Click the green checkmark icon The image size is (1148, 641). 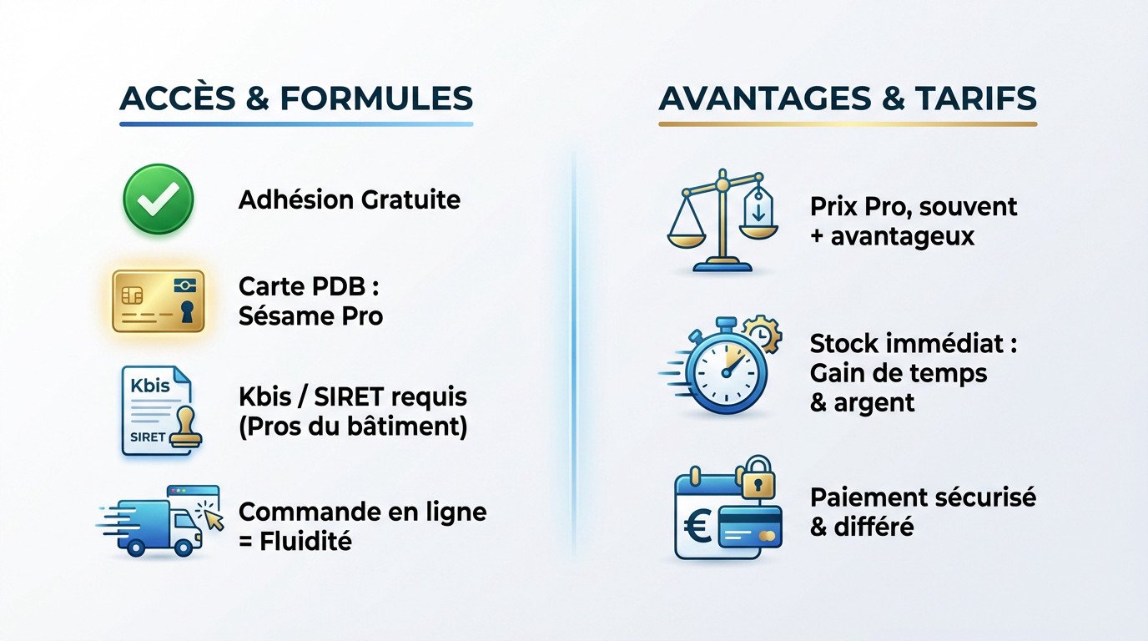pos(158,199)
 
